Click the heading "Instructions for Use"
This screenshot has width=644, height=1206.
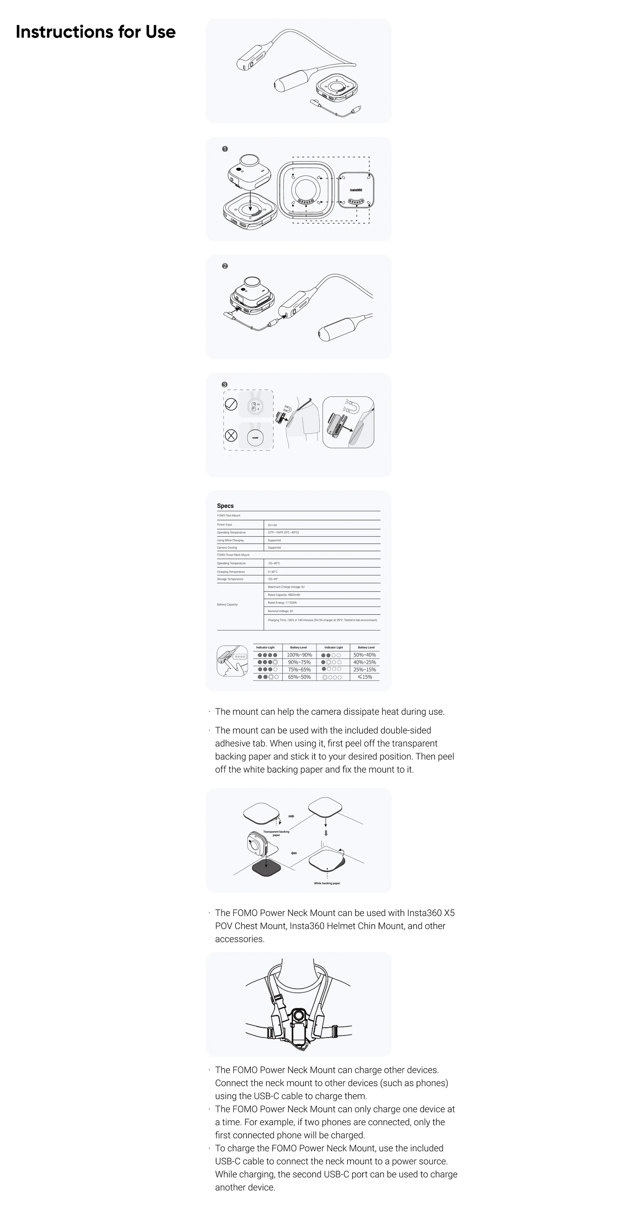pyautogui.click(x=96, y=32)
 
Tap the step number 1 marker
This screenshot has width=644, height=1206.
pyautogui.click(x=225, y=149)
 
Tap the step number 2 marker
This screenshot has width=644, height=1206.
pyautogui.click(x=225, y=266)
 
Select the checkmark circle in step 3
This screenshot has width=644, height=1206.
pyautogui.click(x=231, y=404)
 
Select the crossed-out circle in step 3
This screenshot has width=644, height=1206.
pyautogui.click(x=231, y=436)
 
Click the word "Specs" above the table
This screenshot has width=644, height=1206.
pyautogui.click(x=225, y=506)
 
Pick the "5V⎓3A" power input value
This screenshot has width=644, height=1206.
pyautogui.click(x=272, y=525)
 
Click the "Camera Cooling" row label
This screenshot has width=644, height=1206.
pyautogui.click(x=227, y=547)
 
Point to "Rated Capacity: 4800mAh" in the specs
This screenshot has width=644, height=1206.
pyautogui.click(x=284, y=595)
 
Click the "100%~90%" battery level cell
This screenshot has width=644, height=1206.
pyautogui.click(x=299, y=655)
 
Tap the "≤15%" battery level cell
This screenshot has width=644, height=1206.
pyautogui.click(x=365, y=677)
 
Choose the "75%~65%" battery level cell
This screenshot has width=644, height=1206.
pyautogui.click(x=299, y=669)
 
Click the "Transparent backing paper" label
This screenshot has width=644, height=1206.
pyautogui.click(x=276, y=833)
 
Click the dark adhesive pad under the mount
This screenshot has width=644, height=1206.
pyautogui.click(x=266, y=869)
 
